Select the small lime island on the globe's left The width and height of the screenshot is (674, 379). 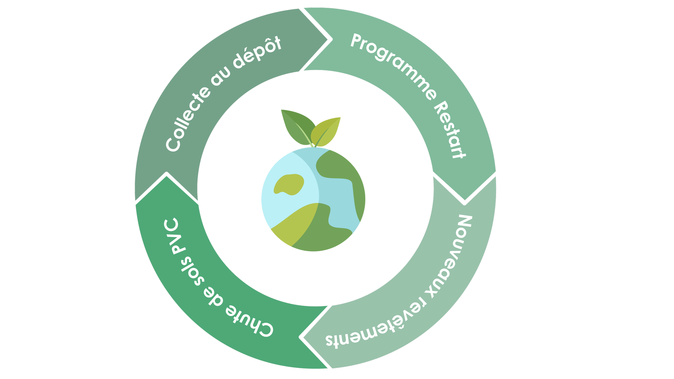[x=289, y=184]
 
